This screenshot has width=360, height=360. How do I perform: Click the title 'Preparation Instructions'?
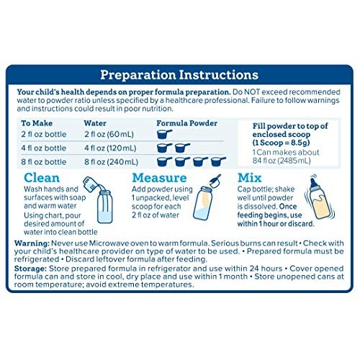pyautogui.click(x=179, y=75)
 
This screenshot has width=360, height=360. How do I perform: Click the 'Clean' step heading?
pyautogui.click(x=42, y=178)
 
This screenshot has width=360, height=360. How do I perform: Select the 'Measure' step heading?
pyautogui.click(x=159, y=178)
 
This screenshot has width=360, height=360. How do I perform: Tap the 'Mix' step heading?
pyautogui.click(x=249, y=178)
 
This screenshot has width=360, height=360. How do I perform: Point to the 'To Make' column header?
pyautogui.click(x=37, y=123)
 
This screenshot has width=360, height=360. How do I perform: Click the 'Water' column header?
pyautogui.click(x=95, y=123)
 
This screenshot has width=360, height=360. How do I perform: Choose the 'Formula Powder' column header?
pyautogui.click(x=186, y=123)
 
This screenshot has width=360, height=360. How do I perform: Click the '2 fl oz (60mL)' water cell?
pyautogui.click(x=109, y=134)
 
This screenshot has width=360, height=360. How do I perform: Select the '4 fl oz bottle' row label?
pyautogui.click(x=43, y=148)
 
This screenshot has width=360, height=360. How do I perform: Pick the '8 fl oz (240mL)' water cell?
pyautogui.click(x=111, y=162)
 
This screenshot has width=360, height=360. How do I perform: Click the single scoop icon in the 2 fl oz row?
pyautogui.click(x=164, y=134)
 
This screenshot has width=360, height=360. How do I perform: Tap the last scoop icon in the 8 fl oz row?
pyautogui.click(x=218, y=162)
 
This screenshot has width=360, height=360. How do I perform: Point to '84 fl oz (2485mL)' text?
pyautogui.click(x=282, y=161)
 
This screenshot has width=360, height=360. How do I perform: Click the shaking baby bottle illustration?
pyautogui.click(x=320, y=197)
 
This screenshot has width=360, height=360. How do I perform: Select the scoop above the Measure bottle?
pyautogui.click(x=215, y=181)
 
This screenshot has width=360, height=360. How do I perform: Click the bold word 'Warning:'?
pyautogui.click(x=32, y=243)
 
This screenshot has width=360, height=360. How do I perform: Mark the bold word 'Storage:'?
pyautogui.click(x=30, y=269)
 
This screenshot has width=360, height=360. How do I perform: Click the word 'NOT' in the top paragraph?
pyautogui.click(x=252, y=92)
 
